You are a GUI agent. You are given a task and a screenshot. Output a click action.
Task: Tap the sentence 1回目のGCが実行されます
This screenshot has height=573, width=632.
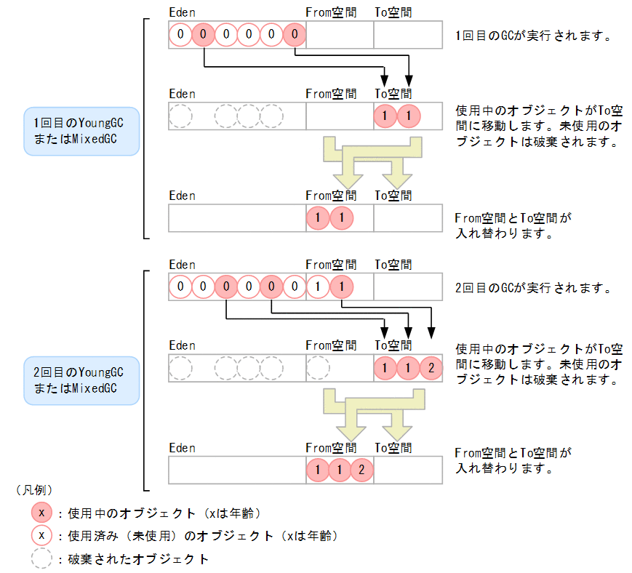532,36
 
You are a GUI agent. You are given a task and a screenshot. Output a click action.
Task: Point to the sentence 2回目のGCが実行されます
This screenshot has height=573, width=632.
532,288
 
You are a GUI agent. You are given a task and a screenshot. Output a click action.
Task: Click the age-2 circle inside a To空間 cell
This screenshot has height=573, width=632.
431,369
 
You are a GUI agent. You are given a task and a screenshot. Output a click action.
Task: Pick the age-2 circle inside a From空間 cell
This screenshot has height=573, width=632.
361,470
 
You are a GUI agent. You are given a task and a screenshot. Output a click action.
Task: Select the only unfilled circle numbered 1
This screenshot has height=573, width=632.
317,287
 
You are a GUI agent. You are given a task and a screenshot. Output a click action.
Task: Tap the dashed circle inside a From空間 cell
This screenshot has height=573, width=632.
317,369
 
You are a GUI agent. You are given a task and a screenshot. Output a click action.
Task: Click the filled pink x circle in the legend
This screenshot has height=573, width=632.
42,513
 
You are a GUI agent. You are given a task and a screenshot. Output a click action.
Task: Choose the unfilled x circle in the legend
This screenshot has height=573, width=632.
42,536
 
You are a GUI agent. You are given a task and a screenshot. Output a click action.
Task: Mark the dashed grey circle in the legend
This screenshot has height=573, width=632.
42,558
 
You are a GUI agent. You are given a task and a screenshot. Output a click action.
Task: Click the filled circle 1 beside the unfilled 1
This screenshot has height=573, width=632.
340,287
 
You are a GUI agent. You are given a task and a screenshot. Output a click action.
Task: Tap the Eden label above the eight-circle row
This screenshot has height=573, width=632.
182,265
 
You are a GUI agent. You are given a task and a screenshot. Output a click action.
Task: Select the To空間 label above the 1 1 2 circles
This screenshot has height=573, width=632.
393,345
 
